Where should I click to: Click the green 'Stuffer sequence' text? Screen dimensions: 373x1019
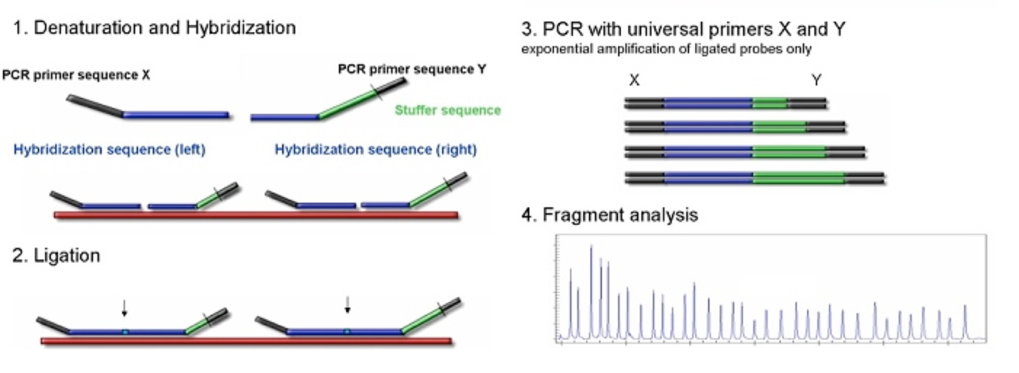point(448,110)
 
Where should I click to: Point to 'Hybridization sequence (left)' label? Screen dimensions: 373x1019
point(109,150)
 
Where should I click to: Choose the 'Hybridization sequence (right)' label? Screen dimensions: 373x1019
point(375,150)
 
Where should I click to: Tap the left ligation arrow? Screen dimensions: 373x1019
point(125,307)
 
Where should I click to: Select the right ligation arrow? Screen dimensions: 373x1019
point(348,305)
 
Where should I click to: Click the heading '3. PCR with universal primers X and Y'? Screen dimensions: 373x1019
point(684,30)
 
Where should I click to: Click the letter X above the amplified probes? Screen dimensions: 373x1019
point(634,80)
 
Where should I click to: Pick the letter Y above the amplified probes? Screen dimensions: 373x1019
point(817,80)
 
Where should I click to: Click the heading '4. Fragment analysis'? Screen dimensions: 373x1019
point(610,216)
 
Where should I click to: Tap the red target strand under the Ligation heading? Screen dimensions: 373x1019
point(244,340)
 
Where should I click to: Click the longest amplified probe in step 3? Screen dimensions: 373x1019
point(755,178)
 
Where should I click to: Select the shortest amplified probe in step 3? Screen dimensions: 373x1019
point(725,101)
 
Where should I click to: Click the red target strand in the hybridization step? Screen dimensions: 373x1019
point(256,215)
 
